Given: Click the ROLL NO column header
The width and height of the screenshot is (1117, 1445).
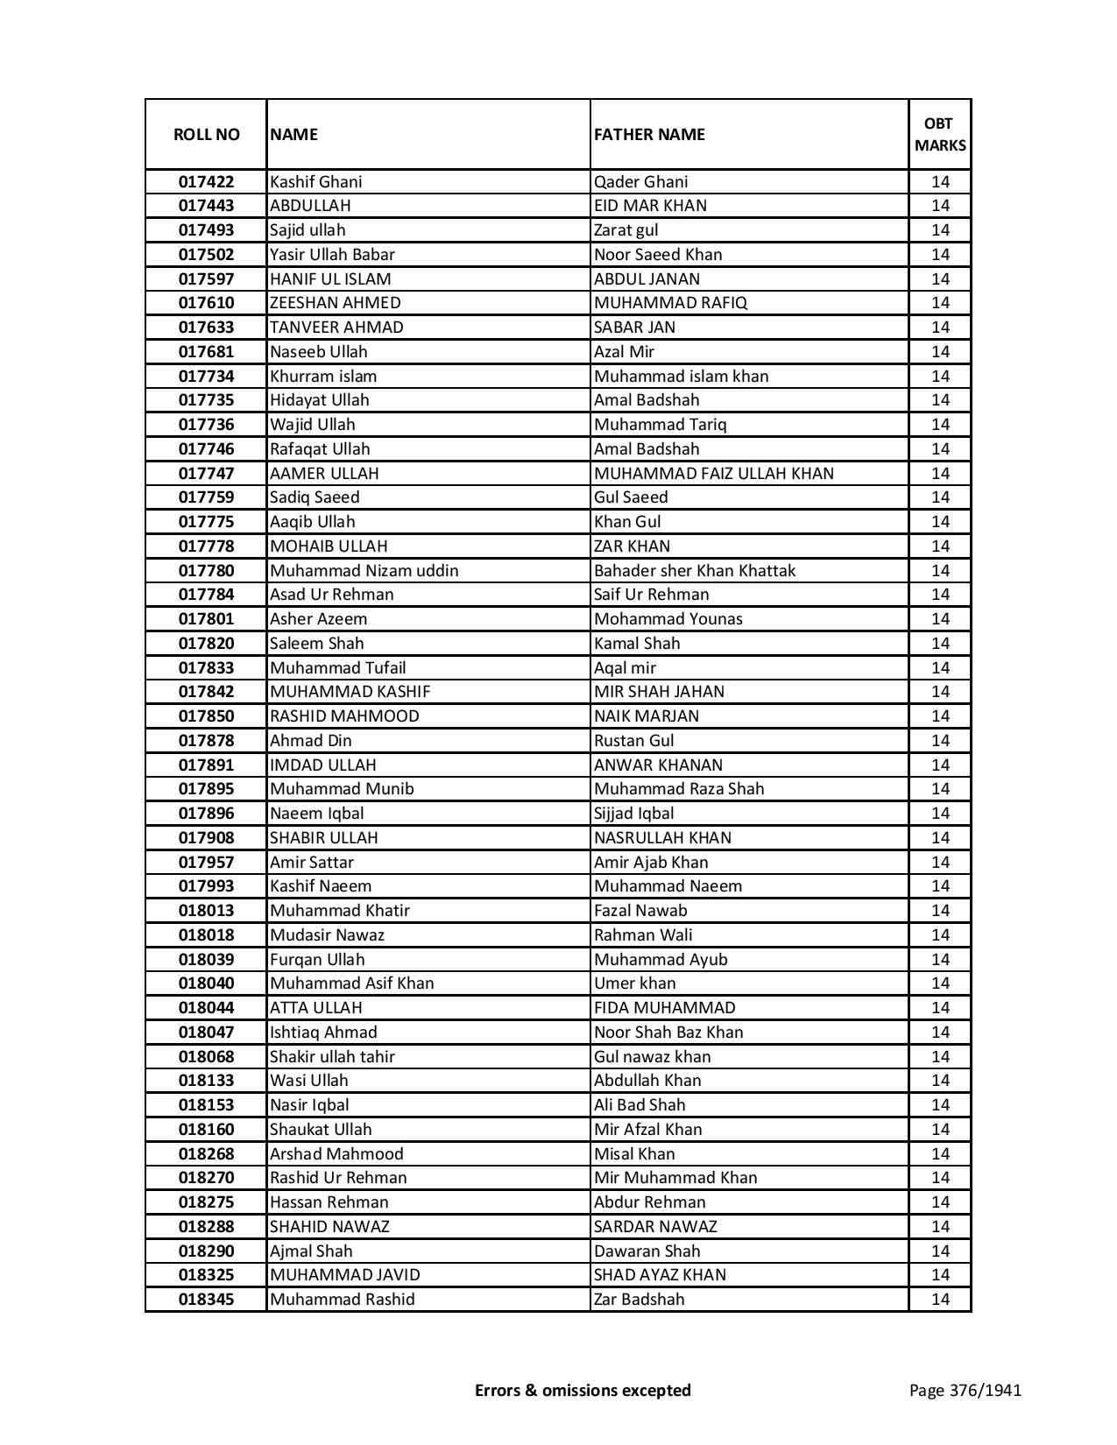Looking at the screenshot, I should pos(206,135).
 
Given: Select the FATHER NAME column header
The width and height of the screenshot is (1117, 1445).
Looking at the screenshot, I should pos(649,135).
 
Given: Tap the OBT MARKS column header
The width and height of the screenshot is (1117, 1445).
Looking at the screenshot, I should pos(940,135).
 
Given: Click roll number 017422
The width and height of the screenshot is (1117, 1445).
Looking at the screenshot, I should pos(206,182).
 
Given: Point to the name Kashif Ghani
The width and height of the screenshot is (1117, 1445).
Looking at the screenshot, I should pos(315,182).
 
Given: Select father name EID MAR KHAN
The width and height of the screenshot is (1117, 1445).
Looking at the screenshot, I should pos(650,206).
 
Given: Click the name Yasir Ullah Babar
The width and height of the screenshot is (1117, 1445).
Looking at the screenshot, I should pos(332,255).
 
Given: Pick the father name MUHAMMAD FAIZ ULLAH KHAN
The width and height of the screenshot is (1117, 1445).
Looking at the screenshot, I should pos(713,474).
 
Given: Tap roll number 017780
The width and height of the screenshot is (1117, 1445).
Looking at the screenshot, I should pos(206,571).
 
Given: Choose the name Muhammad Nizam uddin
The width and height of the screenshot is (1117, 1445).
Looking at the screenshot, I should pos(364,571).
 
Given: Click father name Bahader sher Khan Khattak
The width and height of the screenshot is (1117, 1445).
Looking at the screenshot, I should pos(695,571).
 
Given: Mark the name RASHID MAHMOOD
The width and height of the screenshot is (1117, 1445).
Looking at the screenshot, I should pos(344,716).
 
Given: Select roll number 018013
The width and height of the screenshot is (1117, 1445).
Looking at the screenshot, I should pos(206,911).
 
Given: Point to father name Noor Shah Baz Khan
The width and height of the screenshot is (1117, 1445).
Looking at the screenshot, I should pos(668,1033).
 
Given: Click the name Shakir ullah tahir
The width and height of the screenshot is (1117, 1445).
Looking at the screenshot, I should pos(332,1057).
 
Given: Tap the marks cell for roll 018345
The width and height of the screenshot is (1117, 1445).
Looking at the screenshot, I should pos(940,1300).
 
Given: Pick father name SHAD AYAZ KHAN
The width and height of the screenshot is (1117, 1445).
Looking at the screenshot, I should pos(660,1275).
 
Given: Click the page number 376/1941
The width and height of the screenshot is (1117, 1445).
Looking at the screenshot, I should pos(965,1390).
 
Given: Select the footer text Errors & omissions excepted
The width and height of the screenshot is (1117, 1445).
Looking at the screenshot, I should pos(583,1390).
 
